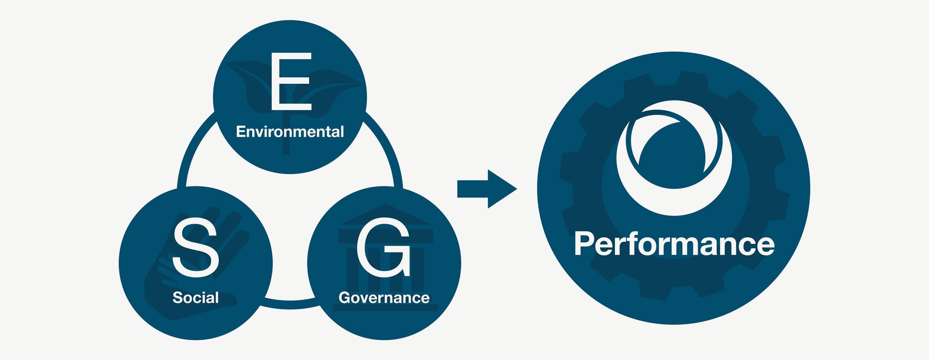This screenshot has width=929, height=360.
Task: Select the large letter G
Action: [x=384, y=247]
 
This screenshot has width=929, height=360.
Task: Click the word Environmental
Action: [x=290, y=131]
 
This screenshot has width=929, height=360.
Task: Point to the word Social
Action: [x=196, y=298]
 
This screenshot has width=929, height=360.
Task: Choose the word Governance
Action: [x=384, y=298]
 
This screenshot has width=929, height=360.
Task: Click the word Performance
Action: [x=674, y=244]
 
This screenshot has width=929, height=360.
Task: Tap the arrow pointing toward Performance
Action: [x=487, y=189]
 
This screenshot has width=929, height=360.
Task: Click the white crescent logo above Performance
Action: [x=674, y=158]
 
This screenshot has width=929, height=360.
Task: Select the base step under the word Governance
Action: [x=385, y=308]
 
